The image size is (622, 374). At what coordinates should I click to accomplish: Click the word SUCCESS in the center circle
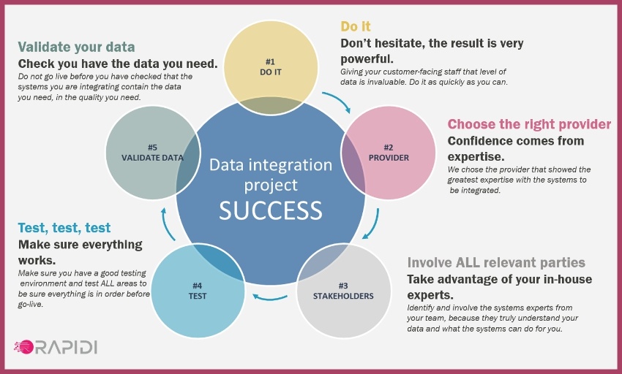[x=270, y=210]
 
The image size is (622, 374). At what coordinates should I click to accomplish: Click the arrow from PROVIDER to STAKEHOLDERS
[x=375, y=225]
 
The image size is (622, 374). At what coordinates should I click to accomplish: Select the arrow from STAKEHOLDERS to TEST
[x=270, y=297]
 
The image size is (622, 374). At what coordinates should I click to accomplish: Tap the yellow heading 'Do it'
[x=356, y=26]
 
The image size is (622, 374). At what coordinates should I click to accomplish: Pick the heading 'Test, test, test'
[x=64, y=228]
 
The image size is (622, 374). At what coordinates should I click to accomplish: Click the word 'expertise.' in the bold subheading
[x=475, y=156]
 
